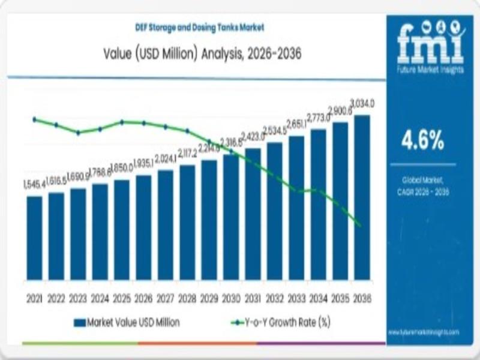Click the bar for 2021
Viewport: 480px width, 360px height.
(35, 238)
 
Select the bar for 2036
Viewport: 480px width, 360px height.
(362, 197)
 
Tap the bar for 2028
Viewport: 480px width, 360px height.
(187, 223)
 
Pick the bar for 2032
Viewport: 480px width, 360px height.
(275, 211)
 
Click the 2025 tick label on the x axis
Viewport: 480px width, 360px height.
(122, 298)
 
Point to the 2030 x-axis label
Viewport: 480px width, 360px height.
(231, 298)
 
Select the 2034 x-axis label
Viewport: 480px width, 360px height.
(319, 298)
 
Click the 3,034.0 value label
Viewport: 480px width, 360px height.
(362, 103)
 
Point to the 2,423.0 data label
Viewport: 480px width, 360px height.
(253, 136)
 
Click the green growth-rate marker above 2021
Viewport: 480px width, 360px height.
(34, 119)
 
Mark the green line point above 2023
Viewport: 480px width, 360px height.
(78, 133)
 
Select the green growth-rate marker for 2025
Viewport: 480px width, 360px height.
(122, 122)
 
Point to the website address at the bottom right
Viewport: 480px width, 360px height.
(424, 331)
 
